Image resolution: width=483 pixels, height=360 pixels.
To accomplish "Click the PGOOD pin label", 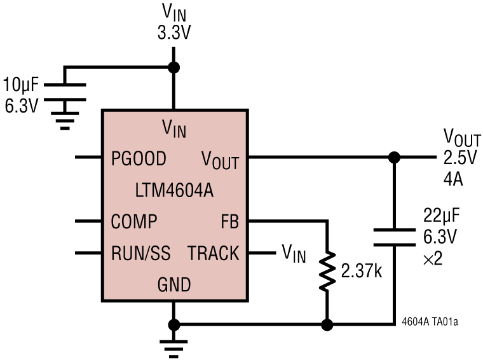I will (139, 158).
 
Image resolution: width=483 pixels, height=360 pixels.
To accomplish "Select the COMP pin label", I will (134, 221).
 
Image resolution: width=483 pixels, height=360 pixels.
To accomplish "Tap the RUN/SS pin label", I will (140, 254).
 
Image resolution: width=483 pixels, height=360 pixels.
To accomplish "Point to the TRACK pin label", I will (213, 254).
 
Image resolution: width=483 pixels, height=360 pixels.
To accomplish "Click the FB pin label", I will (229, 221).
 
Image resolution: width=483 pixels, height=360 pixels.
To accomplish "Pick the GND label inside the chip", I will (174, 284).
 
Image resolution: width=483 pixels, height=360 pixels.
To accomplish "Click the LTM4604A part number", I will (175, 190).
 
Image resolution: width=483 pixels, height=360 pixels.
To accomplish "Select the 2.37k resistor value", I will (360, 272).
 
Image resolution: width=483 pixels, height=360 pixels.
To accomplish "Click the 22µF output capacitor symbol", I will (394, 237).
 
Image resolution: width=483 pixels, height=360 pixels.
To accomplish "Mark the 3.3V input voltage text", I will (175, 33).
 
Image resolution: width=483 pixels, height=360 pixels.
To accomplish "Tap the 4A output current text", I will (453, 179).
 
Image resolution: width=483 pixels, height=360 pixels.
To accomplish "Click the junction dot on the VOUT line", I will (394, 157).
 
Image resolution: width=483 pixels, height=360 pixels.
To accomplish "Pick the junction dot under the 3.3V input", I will (173, 67).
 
